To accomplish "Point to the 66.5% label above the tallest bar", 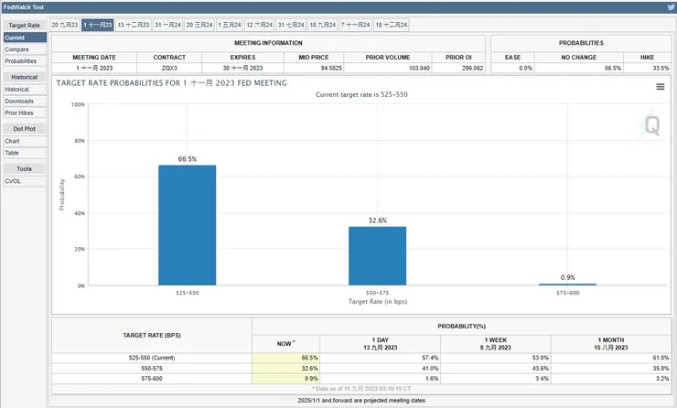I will (187, 159).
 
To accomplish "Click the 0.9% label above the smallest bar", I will (568, 277).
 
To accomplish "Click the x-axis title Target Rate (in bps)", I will (377, 301).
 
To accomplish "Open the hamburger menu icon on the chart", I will (660, 87).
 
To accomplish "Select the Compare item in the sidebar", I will (16, 49).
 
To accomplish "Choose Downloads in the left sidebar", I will (19, 101).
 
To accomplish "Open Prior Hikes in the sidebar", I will (20, 113).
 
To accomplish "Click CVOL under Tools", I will (13, 181).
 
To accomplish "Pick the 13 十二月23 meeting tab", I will (134, 25).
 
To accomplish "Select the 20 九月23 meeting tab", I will (65, 25).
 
